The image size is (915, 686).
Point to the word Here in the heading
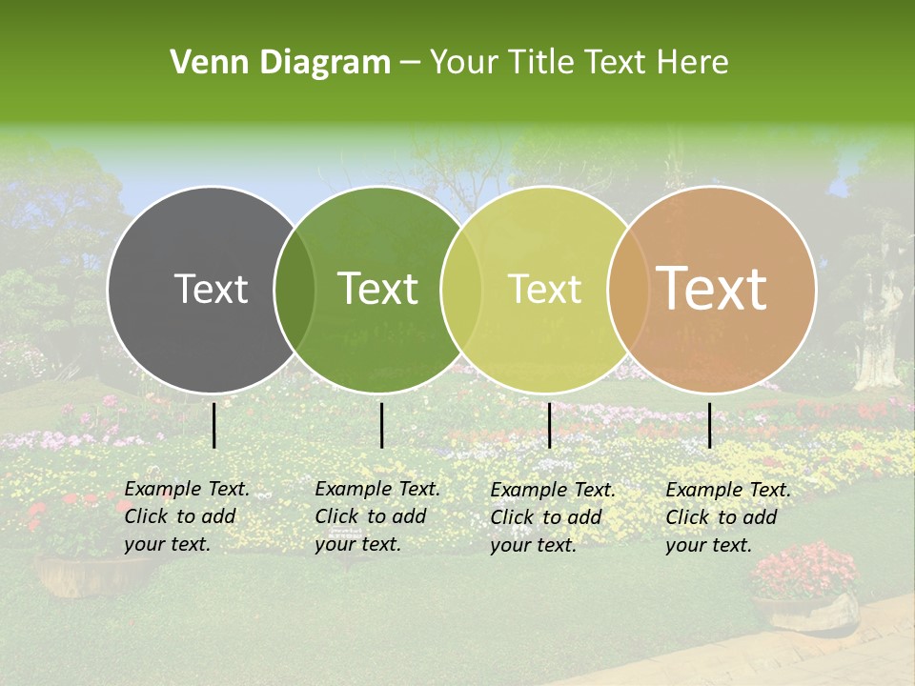(x=694, y=63)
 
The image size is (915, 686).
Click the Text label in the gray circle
(x=211, y=289)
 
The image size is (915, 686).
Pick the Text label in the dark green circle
(x=377, y=289)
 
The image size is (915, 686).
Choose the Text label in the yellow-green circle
(x=544, y=289)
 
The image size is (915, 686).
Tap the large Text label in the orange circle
(x=712, y=289)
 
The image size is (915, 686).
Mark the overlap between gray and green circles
(x=295, y=289)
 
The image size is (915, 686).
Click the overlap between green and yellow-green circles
(x=461, y=289)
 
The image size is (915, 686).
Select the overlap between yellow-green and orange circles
(x=627, y=289)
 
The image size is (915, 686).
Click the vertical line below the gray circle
(x=214, y=425)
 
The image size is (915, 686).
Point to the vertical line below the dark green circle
(x=381, y=425)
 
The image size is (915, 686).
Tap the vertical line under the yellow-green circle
(x=549, y=425)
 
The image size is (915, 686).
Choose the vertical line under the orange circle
(x=709, y=425)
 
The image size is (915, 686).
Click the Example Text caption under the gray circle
(x=186, y=516)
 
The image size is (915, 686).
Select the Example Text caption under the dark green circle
(x=376, y=516)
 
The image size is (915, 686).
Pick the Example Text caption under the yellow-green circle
(x=552, y=517)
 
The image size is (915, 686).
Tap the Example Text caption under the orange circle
(x=727, y=517)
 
